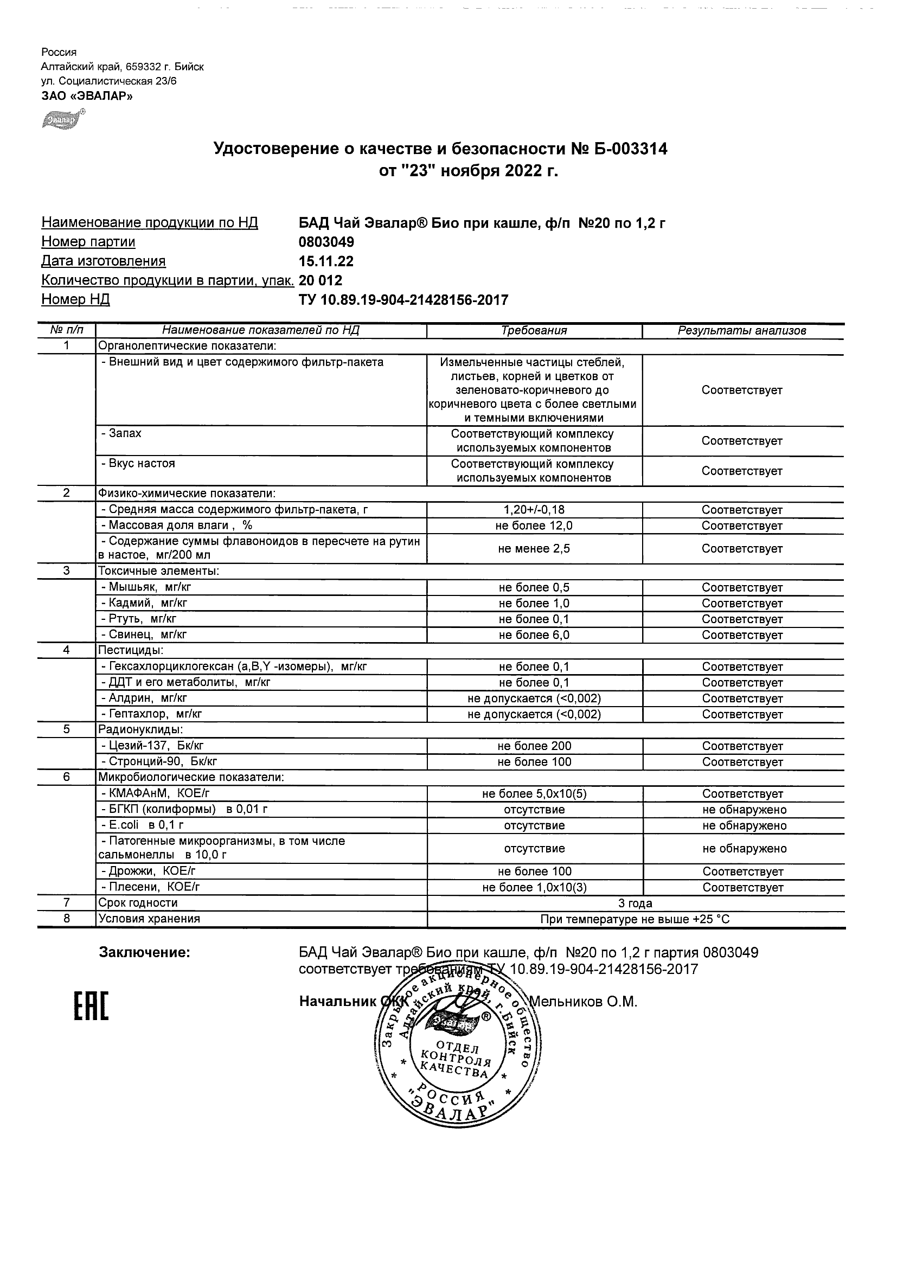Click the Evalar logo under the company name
[63, 119]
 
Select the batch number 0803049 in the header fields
[326, 242]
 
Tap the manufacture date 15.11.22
[326, 261]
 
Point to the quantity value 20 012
[321, 281]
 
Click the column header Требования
[534, 330]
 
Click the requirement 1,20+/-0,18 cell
[534, 510]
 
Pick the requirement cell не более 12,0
[534, 525]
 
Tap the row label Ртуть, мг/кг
[142, 619]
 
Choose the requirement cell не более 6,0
[534, 635]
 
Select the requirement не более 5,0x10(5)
[534, 794]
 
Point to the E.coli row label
[142, 825]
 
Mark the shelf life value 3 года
[635, 903]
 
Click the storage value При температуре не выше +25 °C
[635, 919]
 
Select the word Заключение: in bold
[145, 952]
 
